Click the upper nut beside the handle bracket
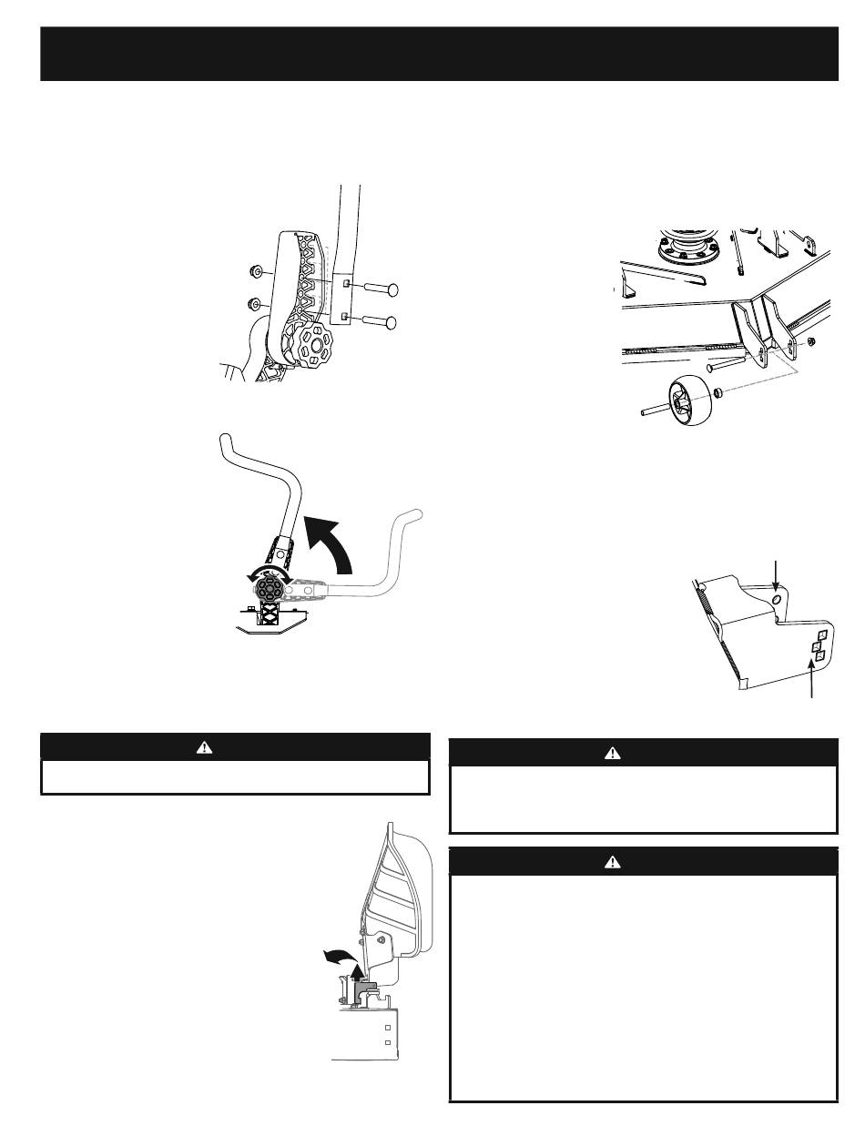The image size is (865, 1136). [256, 270]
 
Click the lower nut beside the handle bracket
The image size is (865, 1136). [256, 303]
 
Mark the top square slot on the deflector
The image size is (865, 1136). [821, 634]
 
